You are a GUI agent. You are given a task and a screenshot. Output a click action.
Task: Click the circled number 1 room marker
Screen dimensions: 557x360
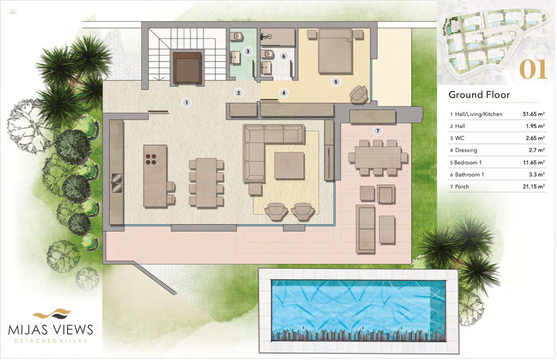187,103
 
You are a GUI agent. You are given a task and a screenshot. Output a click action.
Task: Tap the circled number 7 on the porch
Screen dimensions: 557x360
378,131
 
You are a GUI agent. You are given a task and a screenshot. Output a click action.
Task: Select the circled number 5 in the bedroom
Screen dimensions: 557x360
336,82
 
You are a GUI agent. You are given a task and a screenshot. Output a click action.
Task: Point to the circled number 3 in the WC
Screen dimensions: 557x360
248,51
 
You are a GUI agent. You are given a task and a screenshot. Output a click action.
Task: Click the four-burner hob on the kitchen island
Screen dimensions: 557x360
151,159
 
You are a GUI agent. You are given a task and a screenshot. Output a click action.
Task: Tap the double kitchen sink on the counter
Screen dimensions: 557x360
117,183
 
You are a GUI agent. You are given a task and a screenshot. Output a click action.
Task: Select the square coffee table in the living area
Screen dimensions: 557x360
289,166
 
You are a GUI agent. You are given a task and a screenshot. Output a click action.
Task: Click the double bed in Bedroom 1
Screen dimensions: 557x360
336,51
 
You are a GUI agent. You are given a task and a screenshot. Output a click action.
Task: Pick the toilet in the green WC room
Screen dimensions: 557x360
237,37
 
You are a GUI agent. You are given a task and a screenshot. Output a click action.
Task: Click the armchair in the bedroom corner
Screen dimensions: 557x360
358,94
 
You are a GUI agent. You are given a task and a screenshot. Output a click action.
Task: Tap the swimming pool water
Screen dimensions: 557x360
358,310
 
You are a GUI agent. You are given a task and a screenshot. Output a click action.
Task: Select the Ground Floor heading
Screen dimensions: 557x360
479,95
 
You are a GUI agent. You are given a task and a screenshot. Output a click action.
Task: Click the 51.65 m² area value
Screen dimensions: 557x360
534,114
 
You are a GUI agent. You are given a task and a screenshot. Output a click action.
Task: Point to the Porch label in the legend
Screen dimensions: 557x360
462,186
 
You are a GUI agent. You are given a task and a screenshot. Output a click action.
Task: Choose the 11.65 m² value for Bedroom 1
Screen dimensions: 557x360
534,162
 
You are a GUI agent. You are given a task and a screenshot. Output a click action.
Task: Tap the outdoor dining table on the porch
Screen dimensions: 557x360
378,158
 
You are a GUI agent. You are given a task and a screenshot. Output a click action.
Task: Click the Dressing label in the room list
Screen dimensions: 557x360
466,150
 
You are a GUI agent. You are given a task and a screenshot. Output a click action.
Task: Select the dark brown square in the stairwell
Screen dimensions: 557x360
187,68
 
